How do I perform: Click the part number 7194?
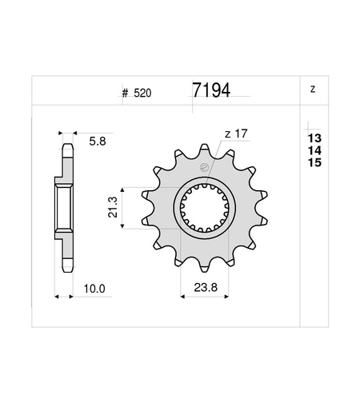pos(211,90)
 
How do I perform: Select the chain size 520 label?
pos(142,93)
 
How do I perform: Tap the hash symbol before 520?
pos(125,94)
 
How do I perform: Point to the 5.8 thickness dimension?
pos(98,142)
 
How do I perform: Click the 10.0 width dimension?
pos(94,289)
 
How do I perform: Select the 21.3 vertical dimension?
pos(113,207)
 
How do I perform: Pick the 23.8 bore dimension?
pos(206,288)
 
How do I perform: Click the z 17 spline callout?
pos(236,134)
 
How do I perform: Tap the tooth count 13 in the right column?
pos(314,138)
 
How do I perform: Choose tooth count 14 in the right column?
pos(314,150)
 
